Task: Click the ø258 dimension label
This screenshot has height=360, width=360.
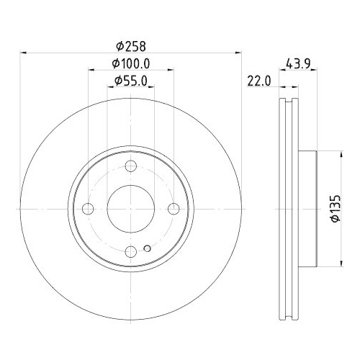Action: coord(130,45)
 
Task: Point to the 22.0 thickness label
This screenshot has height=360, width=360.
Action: coord(257,82)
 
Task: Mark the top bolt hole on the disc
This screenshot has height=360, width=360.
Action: coord(130,167)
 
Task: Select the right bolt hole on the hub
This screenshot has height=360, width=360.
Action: coord(173,209)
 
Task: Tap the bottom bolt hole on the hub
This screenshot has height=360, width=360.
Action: coord(130,251)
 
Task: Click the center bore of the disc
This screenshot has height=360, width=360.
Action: coord(130,209)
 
